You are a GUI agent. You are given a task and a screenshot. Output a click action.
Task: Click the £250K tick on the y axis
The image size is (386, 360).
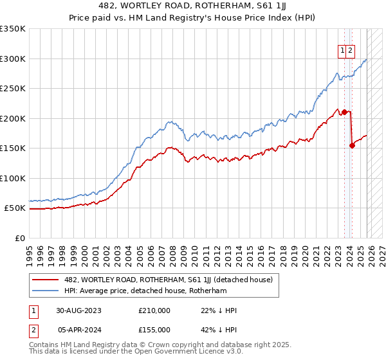[x=12, y=88]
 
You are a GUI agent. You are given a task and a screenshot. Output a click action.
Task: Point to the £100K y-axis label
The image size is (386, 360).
[x=12, y=178]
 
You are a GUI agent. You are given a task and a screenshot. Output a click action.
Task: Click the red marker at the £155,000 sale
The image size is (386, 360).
[x=352, y=145]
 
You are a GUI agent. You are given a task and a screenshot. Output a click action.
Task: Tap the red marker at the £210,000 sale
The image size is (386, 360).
[x=345, y=112]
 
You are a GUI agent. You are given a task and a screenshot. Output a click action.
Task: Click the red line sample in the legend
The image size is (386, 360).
[x=46, y=280]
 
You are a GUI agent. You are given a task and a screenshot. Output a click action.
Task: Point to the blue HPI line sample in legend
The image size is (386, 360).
[x=46, y=291]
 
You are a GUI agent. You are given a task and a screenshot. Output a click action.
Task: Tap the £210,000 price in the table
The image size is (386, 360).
[x=154, y=310]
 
